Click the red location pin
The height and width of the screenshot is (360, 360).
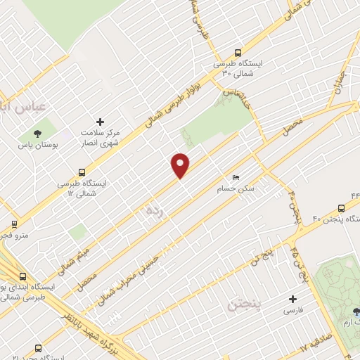pyautogui.click(x=181, y=165)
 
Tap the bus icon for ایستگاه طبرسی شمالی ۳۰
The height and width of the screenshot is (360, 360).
pyautogui.click(x=238, y=52)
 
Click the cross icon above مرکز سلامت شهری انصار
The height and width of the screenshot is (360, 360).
pyautogui.click(x=100, y=122)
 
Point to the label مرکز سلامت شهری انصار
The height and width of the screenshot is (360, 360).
pyautogui.click(x=101, y=138)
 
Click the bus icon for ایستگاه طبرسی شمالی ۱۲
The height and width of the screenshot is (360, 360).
pyautogui.click(x=82, y=172)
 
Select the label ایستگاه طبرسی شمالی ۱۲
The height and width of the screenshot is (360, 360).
pyautogui.click(x=85, y=188)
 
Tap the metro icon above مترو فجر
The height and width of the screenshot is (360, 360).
pyautogui.click(x=14, y=226)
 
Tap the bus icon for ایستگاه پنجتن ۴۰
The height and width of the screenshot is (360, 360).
pyautogui.click(x=341, y=208)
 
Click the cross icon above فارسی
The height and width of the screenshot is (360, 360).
pyautogui.click(x=290, y=298)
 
